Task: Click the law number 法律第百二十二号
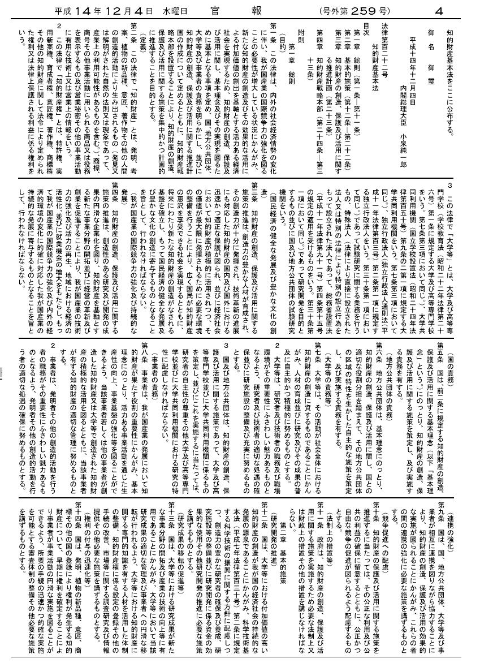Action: tap(385, 50)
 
